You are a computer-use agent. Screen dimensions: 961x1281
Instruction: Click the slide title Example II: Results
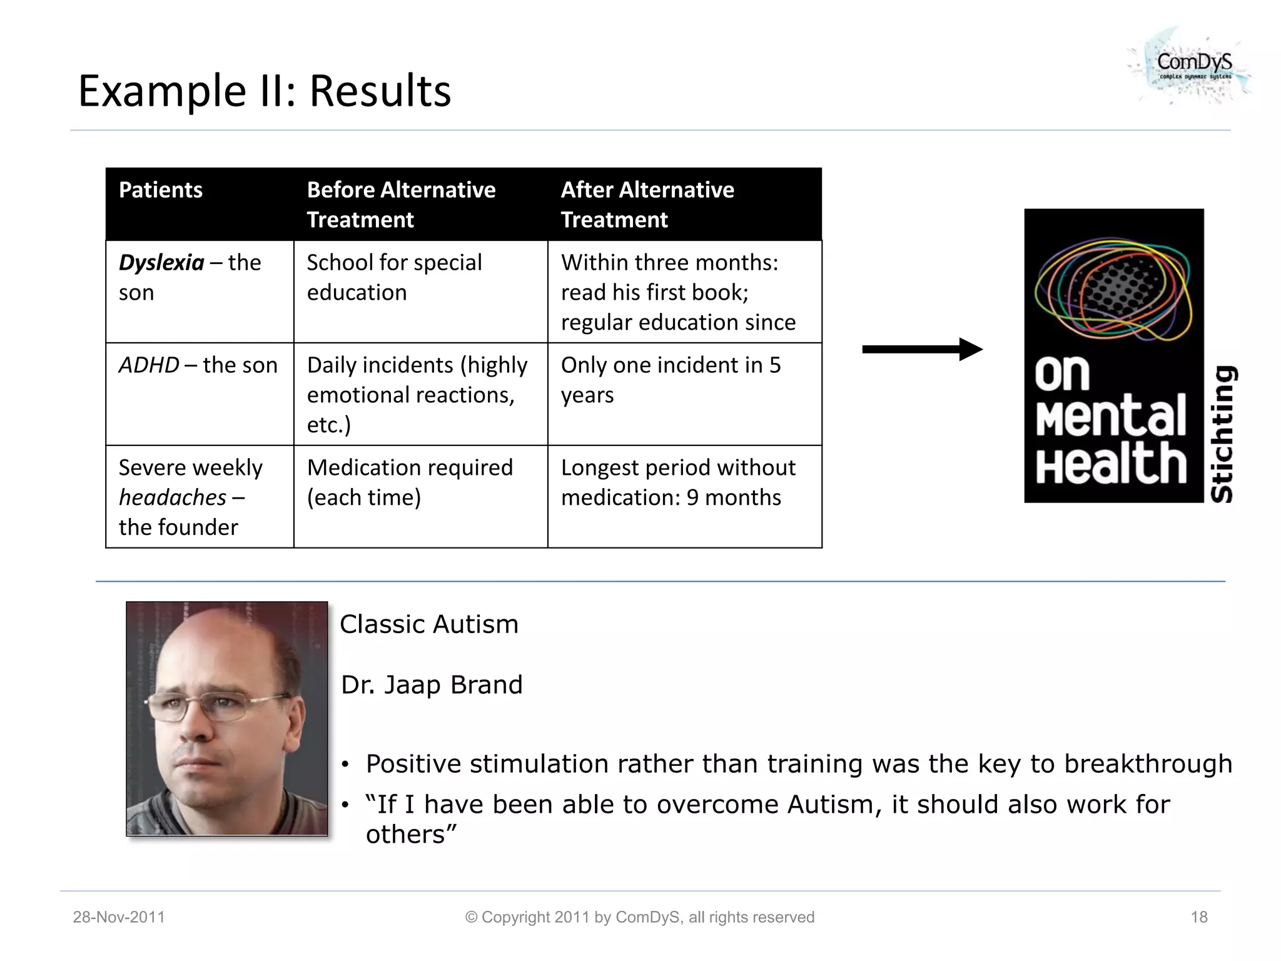coord(264,91)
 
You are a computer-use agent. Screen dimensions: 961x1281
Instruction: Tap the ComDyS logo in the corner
coord(1192,66)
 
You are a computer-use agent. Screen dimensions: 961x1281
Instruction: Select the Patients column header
coord(161,190)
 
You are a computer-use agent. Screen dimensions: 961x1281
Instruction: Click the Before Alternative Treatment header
coord(401,205)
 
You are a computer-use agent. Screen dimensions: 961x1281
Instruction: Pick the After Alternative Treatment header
coord(647,205)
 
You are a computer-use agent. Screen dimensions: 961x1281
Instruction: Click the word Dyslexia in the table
coord(161,263)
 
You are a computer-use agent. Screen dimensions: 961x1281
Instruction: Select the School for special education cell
coord(394,277)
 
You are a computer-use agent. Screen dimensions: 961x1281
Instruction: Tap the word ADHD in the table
coord(149,365)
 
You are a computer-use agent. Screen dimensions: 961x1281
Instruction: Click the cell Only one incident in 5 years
coord(671,380)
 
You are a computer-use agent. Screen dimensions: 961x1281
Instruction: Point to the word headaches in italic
coord(173,498)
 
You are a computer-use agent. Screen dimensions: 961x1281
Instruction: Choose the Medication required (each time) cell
coord(410,482)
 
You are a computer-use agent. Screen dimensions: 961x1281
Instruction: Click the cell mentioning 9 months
coord(678,482)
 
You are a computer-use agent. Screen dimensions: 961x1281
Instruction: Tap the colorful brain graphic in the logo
coord(1113,288)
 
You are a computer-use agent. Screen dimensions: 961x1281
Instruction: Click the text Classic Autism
coord(429,624)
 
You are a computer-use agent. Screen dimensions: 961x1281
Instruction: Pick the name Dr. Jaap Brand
coord(432,685)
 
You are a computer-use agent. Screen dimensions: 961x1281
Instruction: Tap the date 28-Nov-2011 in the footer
coord(119,917)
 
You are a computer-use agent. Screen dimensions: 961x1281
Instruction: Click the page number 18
coord(1198,917)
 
